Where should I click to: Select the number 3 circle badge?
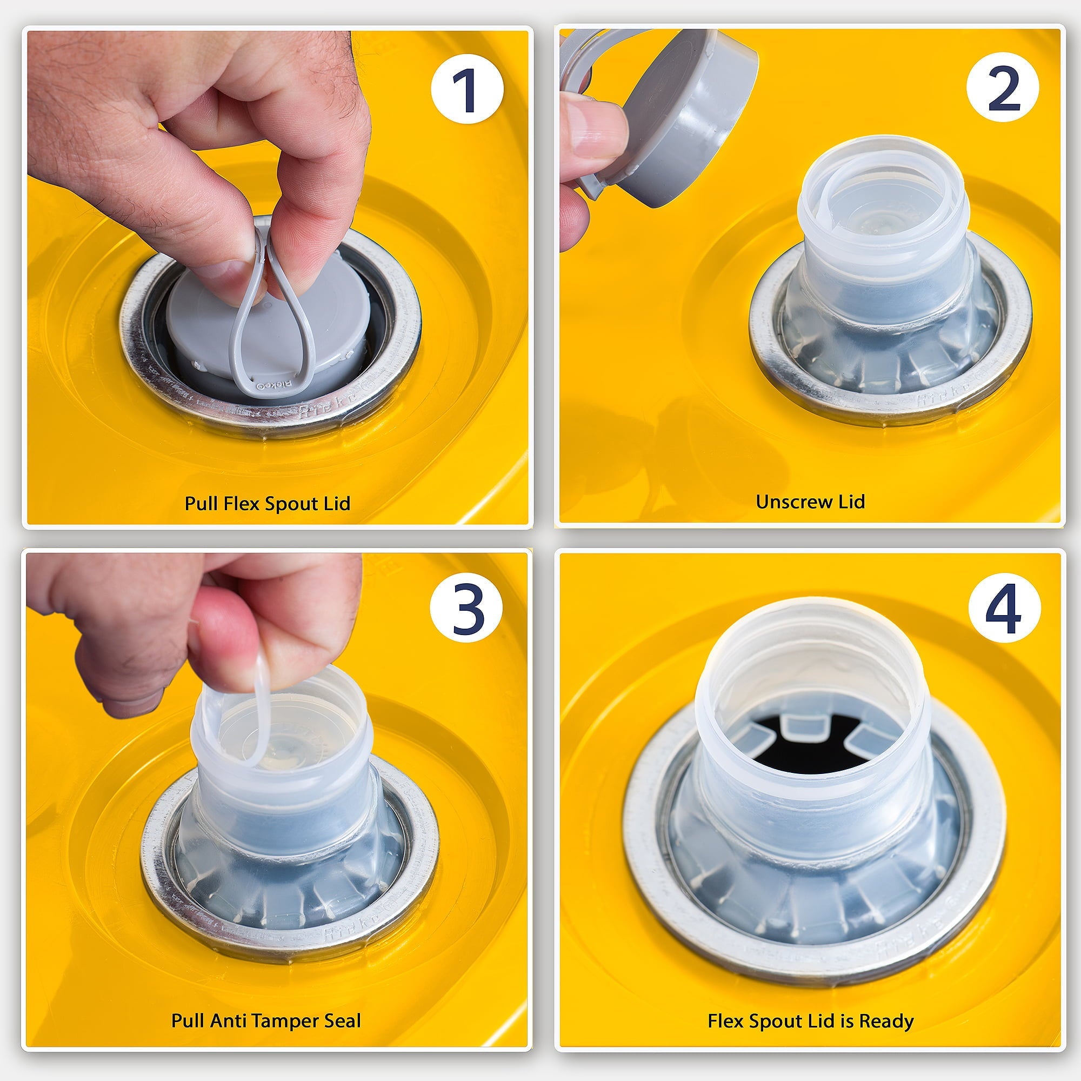pos(466,608)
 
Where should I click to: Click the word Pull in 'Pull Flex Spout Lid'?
pos(202,503)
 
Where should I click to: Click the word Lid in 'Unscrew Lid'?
pos(851,502)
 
